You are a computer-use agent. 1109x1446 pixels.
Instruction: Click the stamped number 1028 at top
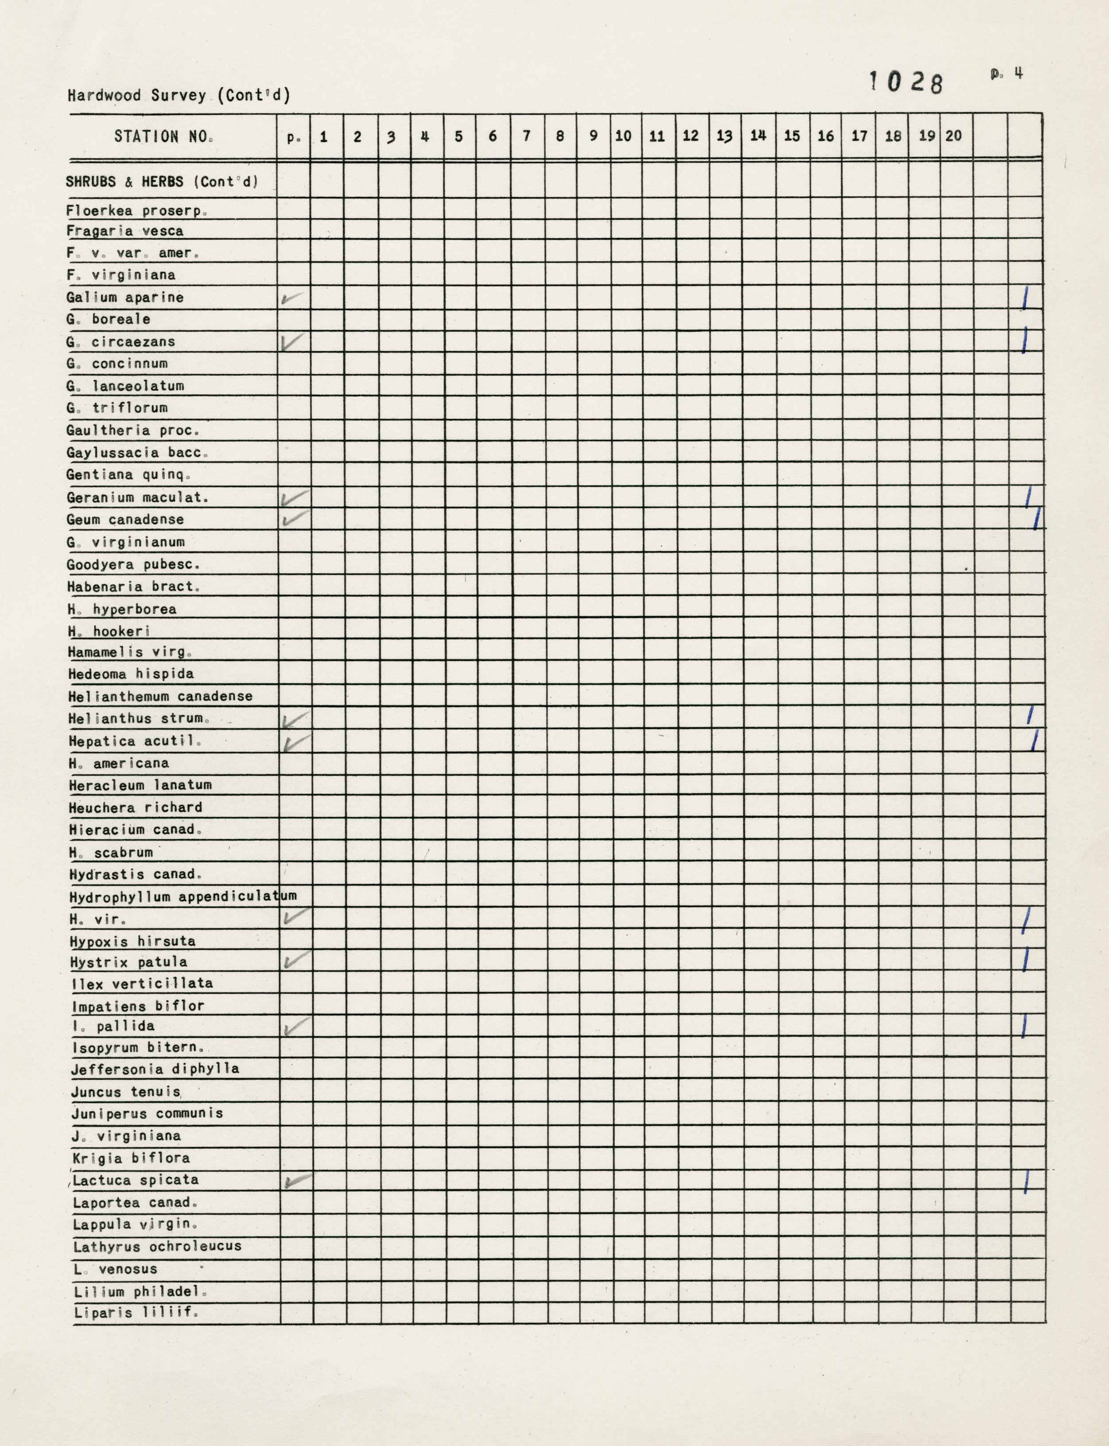pos(906,82)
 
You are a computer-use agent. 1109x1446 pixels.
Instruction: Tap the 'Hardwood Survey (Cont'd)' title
pos(178,96)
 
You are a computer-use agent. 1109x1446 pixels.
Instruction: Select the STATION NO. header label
pos(164,136)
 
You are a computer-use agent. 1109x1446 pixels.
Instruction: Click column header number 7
pos(527,136)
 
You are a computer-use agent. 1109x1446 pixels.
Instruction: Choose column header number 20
pos(953,136)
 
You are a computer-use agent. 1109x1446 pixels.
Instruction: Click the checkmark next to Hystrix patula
pos(296,960)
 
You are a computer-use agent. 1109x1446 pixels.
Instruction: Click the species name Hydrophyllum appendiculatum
pos(182,896)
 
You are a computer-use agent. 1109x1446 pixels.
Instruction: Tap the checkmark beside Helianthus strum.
pos(295,719)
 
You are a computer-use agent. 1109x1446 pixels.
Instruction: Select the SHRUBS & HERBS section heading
pos(161,182)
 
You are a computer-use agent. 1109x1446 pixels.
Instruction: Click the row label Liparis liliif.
pos(136,1313)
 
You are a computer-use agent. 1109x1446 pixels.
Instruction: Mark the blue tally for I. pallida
pos(1024,1026)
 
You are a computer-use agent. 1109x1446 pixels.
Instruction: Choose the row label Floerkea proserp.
pos(137,211)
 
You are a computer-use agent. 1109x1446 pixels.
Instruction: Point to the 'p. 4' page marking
pos(1007,74)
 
